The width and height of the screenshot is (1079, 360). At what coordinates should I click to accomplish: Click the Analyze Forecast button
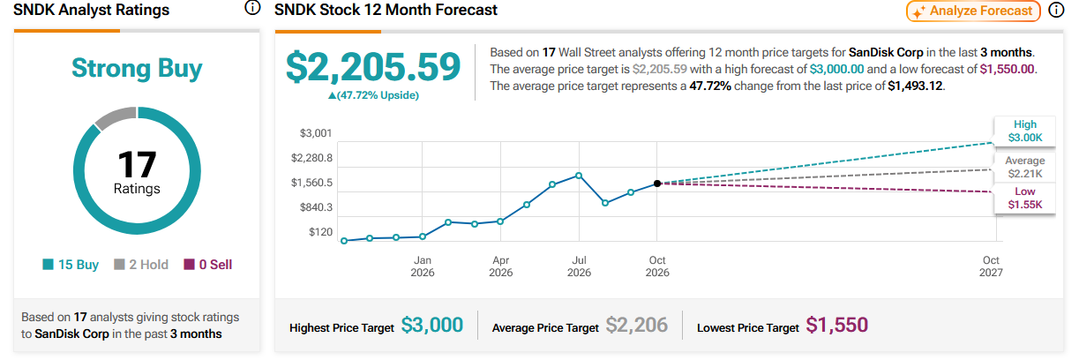coord(973,11)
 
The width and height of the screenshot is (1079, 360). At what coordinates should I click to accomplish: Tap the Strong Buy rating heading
coord(137,69)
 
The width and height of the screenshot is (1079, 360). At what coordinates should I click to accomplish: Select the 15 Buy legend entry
coord(71,265)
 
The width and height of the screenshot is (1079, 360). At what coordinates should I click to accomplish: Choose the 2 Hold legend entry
coord(140,265)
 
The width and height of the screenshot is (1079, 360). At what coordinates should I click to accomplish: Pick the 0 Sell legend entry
coord(207,265)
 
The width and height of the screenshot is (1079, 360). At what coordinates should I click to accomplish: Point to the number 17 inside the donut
coord(137,164)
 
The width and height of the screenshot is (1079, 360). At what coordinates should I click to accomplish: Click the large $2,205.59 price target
coord(373,66)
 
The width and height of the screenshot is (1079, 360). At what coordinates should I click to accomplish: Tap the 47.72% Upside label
coord(373,95)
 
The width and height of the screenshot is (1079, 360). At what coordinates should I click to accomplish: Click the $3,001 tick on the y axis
coord(316,133)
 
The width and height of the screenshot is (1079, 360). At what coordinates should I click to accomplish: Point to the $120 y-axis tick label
coord(321,232)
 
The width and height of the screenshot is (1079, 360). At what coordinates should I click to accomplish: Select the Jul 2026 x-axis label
coord(579,266)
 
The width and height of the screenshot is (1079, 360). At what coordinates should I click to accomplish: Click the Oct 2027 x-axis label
coord(991,266)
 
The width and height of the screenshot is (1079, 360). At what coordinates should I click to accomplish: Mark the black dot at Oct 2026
coord(657,184)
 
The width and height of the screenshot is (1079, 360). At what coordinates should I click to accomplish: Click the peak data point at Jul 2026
coord(579,176)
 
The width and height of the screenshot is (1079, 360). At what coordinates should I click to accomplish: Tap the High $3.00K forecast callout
coord(1025,131)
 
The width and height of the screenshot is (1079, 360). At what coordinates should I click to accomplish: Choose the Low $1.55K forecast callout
coord(1025,198)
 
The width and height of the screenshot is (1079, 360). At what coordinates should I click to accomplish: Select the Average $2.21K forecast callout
coord(1025,168)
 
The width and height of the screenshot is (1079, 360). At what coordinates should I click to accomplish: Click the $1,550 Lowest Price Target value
coord(836,326)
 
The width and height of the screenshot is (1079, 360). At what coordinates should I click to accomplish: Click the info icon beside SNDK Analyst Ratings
coord(252,8)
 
